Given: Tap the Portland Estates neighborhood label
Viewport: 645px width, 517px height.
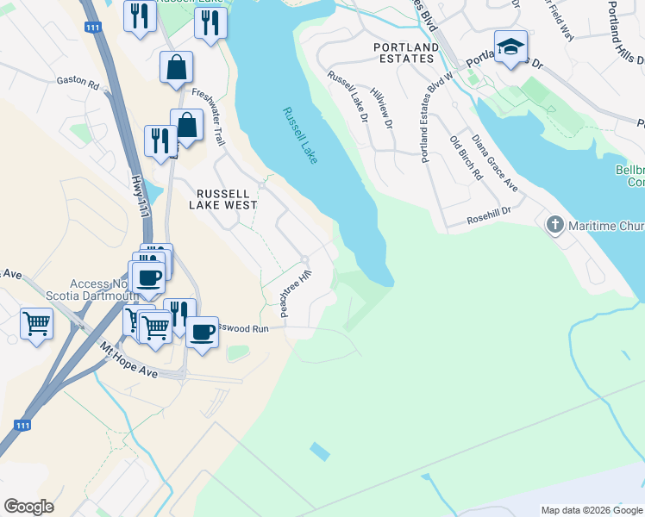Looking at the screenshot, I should click(x=404, y=53).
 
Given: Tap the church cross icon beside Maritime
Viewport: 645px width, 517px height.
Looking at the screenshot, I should click(x=554, y=226).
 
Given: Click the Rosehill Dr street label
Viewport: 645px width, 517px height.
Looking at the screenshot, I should click(x=490, y=212).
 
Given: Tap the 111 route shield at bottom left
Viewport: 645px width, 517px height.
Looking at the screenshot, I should click(x=23, y=425).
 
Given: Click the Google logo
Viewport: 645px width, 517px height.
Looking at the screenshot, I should click(x=28, y=507).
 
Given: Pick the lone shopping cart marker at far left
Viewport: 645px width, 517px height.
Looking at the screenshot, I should click(x=37, y=325).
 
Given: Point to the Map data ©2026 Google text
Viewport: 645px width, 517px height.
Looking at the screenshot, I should click(x=592, y=510).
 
